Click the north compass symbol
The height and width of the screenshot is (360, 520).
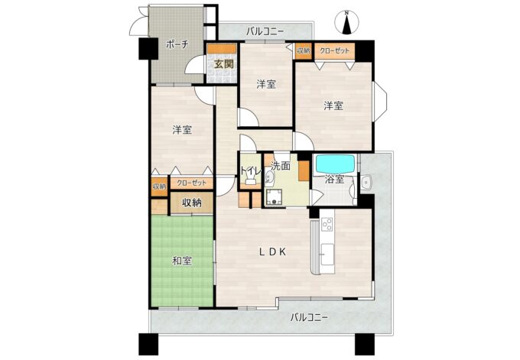click(x=347, y=23)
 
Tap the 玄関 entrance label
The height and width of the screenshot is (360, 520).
click(x=223, y=64)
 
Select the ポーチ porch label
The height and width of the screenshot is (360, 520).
click(x=177, y=44)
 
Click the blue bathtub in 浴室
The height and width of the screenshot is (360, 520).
click(x=335, y=164)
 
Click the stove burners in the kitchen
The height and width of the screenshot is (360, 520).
click(x=327, y=224)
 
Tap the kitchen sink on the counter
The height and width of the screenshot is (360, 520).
click(x=327, y=254)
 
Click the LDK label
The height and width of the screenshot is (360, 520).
click(x=272, y=252)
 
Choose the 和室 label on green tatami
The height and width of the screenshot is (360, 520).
click(x=182, y=261)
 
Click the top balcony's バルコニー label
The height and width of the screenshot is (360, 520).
click(x=265, y=32)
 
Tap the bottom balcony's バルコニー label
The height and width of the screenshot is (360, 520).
click(x=309, y=317)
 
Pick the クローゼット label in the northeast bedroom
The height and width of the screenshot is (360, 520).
click(x=335, y=51)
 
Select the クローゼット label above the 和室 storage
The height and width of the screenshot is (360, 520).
click(x=192, y=183)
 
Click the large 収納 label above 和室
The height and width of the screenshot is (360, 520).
click(x=192, y=203)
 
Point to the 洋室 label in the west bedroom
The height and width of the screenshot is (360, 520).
click(x=182, y=130)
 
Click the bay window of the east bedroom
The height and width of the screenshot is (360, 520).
click(x=380, y=101)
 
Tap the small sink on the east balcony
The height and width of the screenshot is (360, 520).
click(x=366, y=182)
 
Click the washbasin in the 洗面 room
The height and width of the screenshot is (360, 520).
click(x=270, y=180)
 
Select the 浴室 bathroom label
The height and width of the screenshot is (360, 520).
click(x=334, y=180)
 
